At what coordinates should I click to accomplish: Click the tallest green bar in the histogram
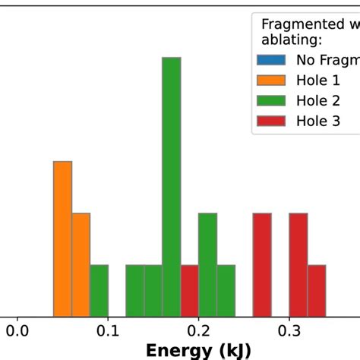(172, 185)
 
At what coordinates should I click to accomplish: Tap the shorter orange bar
(81, 264)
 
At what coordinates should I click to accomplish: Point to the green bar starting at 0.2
(207, 264)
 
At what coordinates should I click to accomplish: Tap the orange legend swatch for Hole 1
(272, 80)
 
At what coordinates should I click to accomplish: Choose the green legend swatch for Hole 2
(272, 100)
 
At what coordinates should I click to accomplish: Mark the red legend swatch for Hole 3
(272, 121)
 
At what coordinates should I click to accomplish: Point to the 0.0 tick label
(18, 331)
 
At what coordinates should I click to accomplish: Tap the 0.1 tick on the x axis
(109, 331)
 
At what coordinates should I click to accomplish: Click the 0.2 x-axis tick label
(199, 331)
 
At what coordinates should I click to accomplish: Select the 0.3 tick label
(289, 331)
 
